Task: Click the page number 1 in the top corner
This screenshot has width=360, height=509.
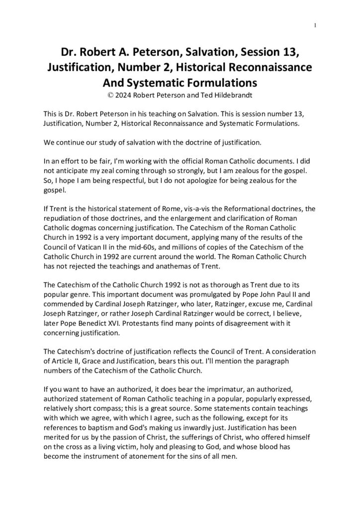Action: coord(316,25)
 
